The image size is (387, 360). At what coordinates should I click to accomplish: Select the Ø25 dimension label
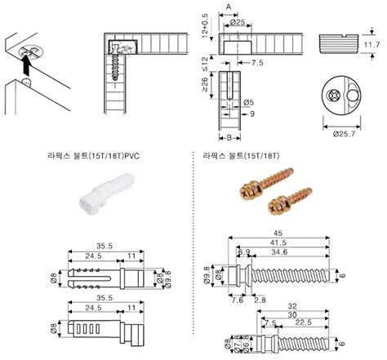(x=238, y=22)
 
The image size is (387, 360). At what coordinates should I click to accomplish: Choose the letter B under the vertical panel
(x=229, y=129)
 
